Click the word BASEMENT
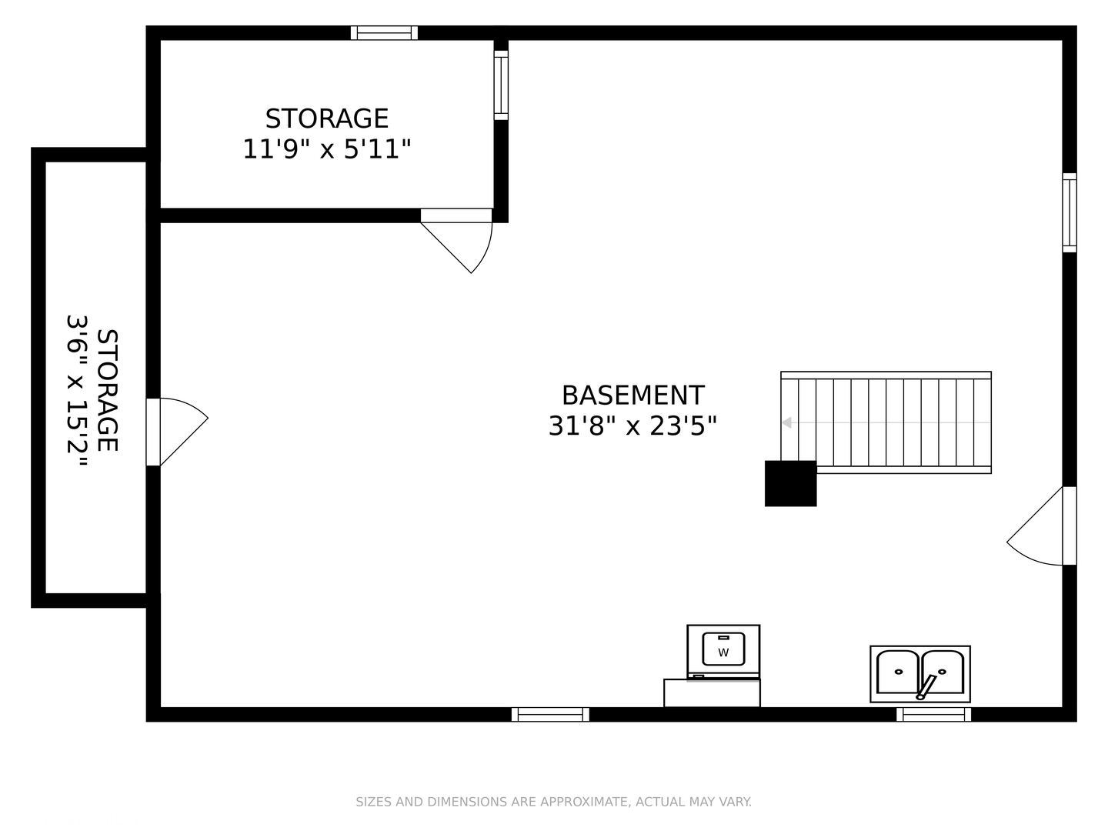632,395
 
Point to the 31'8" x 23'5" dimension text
632,426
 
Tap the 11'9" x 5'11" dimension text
327,149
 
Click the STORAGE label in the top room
327,118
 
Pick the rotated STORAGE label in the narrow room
108,391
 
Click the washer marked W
723,650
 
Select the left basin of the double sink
897,672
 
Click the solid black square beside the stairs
790,483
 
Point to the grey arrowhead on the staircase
786,422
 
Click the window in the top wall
384,33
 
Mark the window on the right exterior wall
1070,213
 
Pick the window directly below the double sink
933,714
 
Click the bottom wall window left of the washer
550,714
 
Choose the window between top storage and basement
501,85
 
